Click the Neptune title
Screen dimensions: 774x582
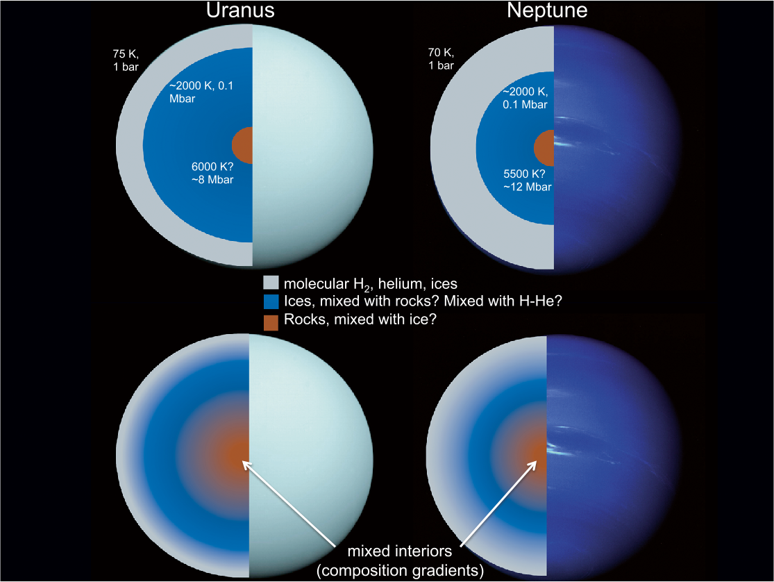[547, 12]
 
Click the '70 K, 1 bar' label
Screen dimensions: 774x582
[441, 59]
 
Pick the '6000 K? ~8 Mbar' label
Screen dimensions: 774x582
[212, 174]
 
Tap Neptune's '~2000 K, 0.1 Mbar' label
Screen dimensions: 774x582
[525, 98]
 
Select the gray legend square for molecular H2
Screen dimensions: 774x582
[271, 283]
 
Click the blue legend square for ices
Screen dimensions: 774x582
[271, 302]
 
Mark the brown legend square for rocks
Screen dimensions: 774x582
[271, 322]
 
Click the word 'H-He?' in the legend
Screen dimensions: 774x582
[539, 302]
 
